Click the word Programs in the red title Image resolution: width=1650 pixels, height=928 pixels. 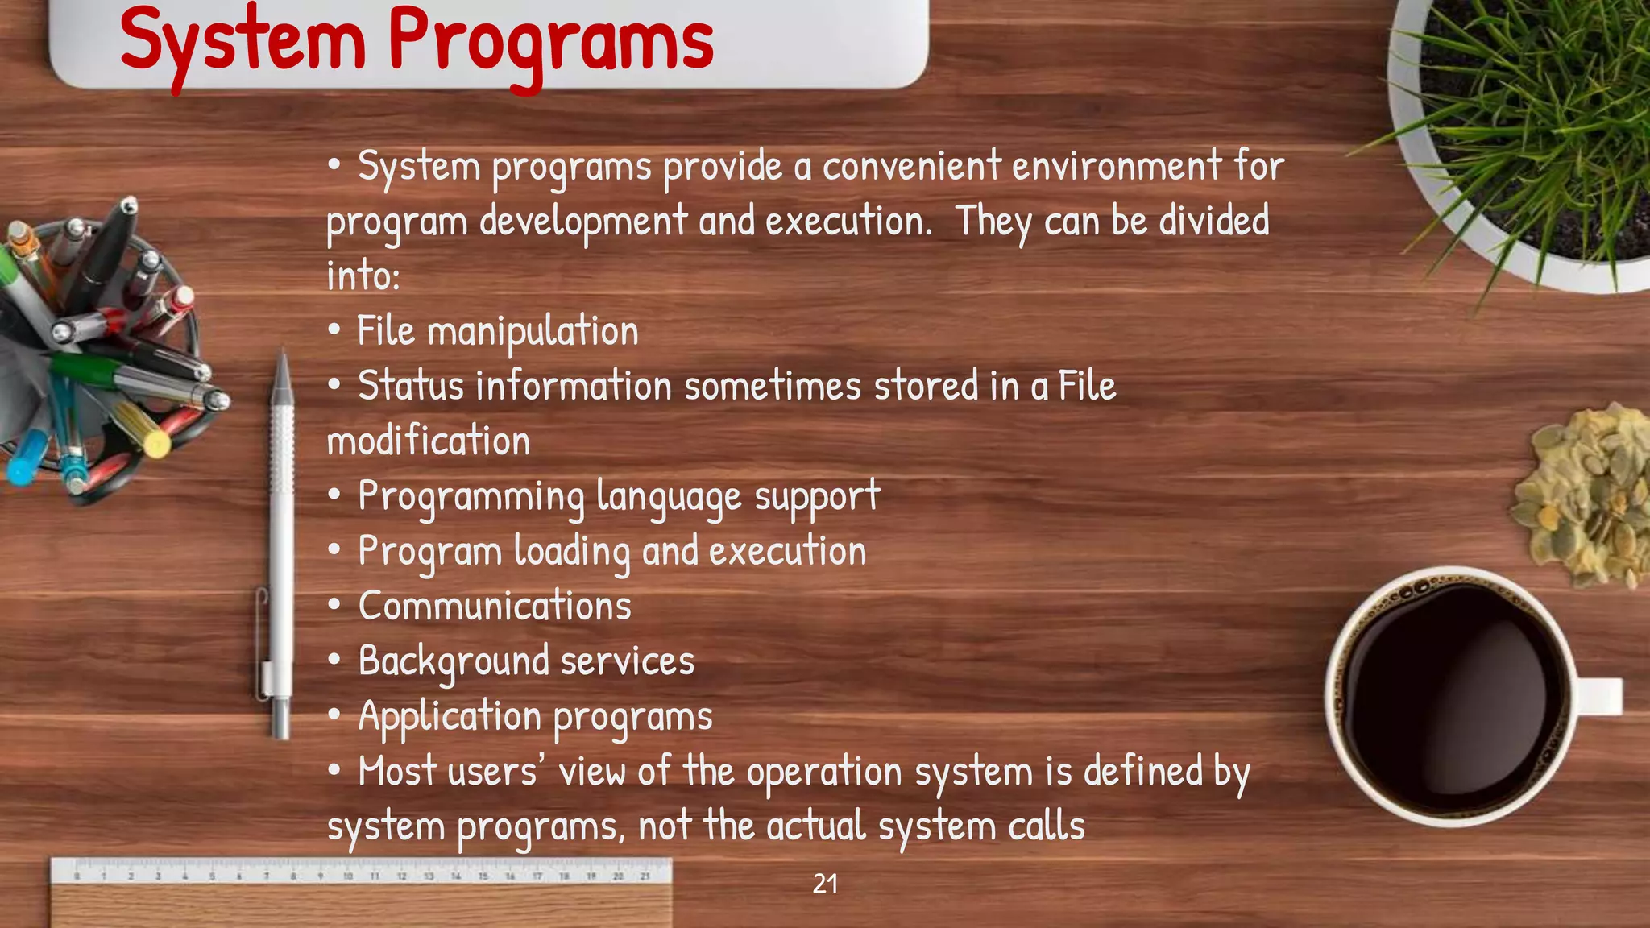pyautogui.click(x=551, y=40)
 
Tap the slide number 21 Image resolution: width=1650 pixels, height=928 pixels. pyautogui.click(x=825, y=884)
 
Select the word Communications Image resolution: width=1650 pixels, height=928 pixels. pyautogui.click(x=495, y=607)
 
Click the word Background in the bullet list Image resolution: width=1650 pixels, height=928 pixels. pyautogui.click(x=454, y=661)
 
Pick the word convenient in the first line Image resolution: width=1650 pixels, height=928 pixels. pyautogui.click(x=911, y=167)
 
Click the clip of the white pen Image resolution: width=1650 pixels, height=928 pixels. pyautogui.click(x=262, y=636)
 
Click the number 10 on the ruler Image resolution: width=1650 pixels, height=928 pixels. pyautogui.click(x=347, y=876)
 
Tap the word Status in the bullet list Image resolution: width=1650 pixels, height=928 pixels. pyautogui.click(x=411, y=386)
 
